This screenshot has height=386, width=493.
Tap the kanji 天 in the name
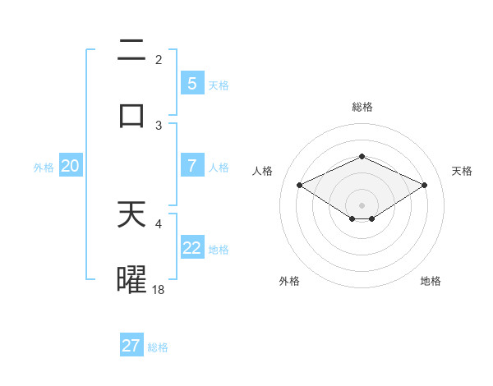pos(131,215)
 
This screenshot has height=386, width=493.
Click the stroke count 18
pos(159,289)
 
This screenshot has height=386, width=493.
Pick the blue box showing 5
pos(191,83)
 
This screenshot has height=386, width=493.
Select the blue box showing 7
pos(191,165)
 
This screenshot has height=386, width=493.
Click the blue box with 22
pos(191,247)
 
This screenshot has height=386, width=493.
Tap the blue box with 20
pos(70,166)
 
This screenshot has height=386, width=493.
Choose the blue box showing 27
pos(131,346)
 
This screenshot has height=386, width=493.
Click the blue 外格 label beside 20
pos(44,167)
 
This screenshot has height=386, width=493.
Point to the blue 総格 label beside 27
pos(158,347)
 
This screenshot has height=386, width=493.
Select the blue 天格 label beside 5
pos(219,85)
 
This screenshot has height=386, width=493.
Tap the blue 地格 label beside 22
pos(219,249)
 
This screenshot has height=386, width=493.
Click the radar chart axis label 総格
pos(362,107)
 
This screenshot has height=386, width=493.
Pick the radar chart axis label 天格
pos(463,171)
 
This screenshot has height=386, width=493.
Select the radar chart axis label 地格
pos(431,281)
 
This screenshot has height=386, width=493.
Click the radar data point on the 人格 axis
pos(300,185)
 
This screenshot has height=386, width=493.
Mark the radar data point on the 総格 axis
pos(362,156)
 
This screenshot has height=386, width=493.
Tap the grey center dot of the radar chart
pos(362,204)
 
